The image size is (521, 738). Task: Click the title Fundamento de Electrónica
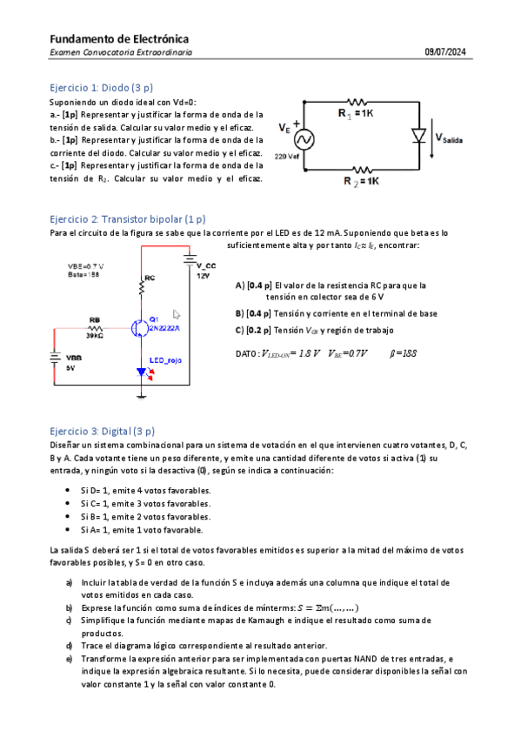119,39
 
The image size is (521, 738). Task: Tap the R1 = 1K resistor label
356,113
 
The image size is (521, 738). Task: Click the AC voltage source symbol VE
305,138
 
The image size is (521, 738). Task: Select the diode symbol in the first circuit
419,137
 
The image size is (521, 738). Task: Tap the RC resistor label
150,278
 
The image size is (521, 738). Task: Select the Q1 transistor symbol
139,327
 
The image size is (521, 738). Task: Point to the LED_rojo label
163,359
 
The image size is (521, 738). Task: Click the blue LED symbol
142,372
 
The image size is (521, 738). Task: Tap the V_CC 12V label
204,271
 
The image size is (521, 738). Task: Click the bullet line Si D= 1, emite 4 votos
145,490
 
